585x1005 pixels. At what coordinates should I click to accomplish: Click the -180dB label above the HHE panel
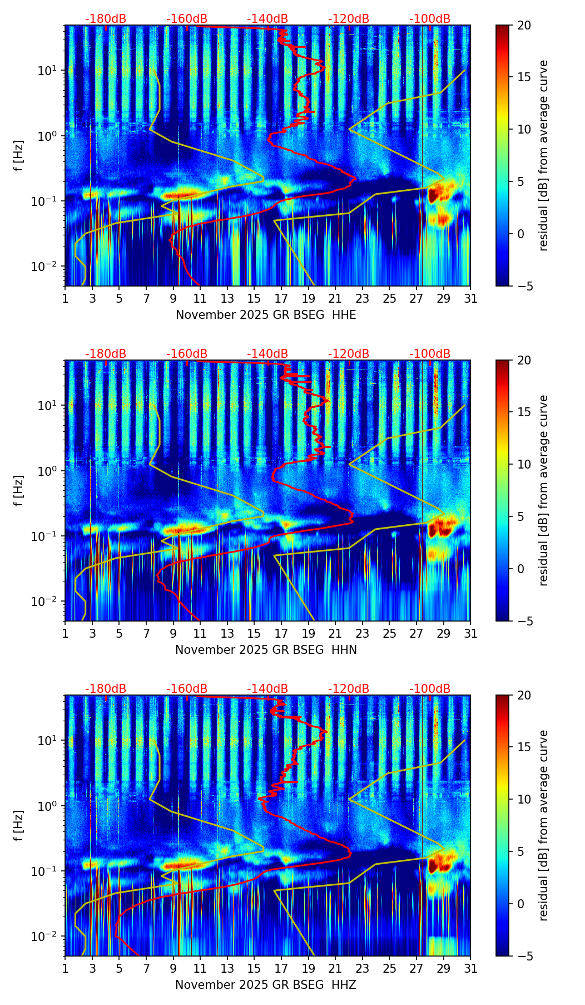click(x=106, y=19)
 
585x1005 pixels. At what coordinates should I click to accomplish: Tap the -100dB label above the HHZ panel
click(x=430, y=689)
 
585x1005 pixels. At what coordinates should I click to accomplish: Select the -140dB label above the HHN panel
click(x=267, y=354)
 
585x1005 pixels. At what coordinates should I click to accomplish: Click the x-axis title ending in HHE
click(x=266, y=315)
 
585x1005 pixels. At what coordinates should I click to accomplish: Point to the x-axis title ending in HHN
click(x=266, y=650)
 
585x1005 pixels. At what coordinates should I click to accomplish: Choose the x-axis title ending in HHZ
click(x=266, y=985)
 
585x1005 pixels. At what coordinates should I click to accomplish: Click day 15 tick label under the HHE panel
click(x=254, y=298)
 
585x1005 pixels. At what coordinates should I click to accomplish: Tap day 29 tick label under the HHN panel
click(x=443, y=633)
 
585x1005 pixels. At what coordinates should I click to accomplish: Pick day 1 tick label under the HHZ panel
click(x=65, y=968)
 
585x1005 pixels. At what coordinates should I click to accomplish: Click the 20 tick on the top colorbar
click(x=524, y=25)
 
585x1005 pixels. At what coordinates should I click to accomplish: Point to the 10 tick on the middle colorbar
click(x=524, y=464)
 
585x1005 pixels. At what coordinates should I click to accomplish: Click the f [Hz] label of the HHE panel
click(x=19, y=155)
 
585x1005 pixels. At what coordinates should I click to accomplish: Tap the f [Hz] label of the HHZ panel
click(x=19, y=825)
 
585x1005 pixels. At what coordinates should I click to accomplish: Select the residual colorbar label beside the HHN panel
click(x=544, y=490)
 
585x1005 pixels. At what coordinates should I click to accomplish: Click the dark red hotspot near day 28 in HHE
click(x=433, y=195)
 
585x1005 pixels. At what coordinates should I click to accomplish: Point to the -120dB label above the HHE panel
click(x=349, y=19)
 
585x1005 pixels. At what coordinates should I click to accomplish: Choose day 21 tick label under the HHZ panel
click(x=335, y=968)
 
